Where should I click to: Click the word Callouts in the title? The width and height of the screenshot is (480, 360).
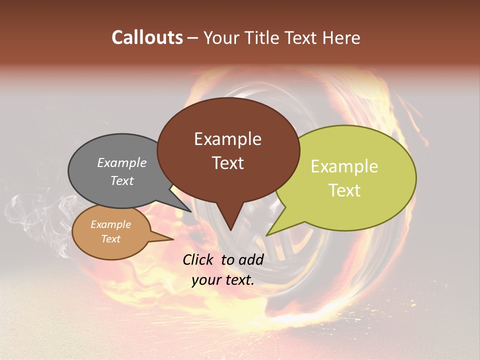[147, 37]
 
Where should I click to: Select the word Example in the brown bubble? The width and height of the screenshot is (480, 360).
[227, 139]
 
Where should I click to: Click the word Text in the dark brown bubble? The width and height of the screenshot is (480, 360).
[227, 163]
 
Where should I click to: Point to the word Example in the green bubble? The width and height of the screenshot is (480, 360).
[344, 166]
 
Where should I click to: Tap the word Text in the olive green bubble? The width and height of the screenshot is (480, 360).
[344, 190]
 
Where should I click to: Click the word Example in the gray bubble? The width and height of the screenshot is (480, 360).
[122, 162]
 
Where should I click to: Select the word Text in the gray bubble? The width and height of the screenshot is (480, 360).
[122, 180]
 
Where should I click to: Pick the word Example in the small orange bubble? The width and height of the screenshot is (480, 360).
[110, 224]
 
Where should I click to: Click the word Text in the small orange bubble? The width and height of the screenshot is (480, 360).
[110, 239]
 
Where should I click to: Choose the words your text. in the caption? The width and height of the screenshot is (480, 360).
[222, 280]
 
